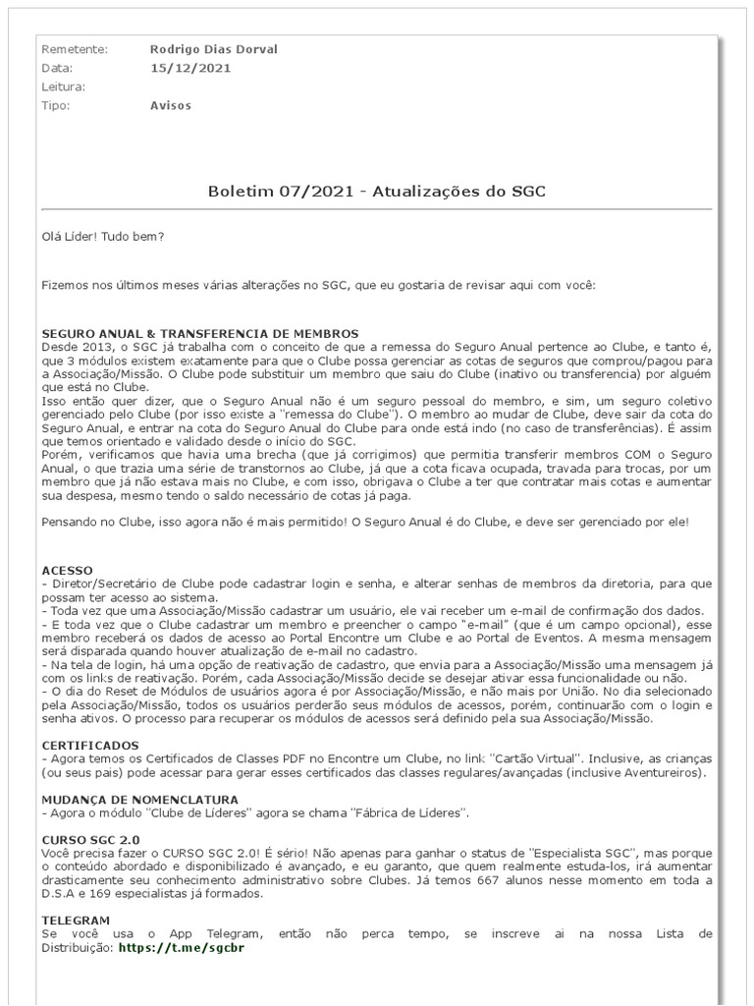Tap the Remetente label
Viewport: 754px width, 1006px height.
75,49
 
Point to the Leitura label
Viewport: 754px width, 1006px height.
64,86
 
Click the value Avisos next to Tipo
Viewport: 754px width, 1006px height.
171,105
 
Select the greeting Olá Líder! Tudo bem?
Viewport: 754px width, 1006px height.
103,237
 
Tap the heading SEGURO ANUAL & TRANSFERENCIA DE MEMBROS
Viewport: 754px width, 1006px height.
199,333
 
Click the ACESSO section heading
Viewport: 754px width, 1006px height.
67,570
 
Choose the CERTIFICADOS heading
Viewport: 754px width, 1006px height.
90,746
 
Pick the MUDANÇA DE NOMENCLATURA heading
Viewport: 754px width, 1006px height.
139,800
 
